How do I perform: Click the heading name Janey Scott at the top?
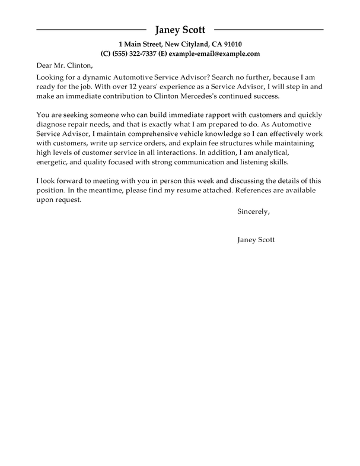[180, 30]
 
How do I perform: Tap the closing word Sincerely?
[253, 211]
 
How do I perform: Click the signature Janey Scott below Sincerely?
[256, 240]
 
